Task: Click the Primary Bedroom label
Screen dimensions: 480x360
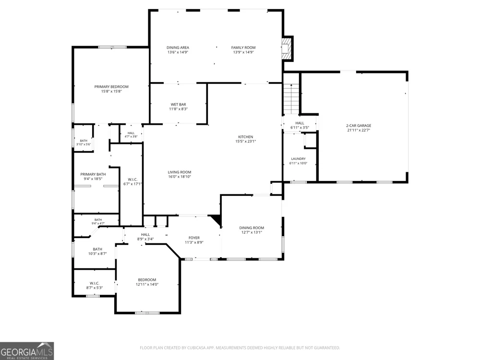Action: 111,86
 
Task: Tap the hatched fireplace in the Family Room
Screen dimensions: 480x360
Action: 286,48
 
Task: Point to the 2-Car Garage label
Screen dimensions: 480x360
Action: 359,125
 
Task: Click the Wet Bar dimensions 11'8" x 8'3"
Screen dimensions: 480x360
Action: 179,109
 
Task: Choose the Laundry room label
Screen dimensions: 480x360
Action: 298,158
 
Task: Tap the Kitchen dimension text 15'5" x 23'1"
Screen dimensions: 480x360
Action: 245,142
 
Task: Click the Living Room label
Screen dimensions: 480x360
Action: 180,172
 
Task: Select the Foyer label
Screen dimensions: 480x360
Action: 194,238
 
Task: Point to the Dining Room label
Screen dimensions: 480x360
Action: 252,228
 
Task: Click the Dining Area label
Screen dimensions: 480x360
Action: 178,48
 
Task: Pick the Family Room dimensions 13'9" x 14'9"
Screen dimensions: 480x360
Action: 244,52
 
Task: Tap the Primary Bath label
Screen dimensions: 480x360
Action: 93,174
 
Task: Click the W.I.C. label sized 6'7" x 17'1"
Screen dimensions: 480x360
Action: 132,180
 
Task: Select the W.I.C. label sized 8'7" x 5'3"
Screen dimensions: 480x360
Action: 94,283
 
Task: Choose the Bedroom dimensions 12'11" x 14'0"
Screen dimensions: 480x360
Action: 147,284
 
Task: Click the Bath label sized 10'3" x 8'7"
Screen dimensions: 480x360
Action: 97,249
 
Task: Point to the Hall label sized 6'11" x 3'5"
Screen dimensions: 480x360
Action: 300,123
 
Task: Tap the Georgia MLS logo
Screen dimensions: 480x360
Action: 26,351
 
